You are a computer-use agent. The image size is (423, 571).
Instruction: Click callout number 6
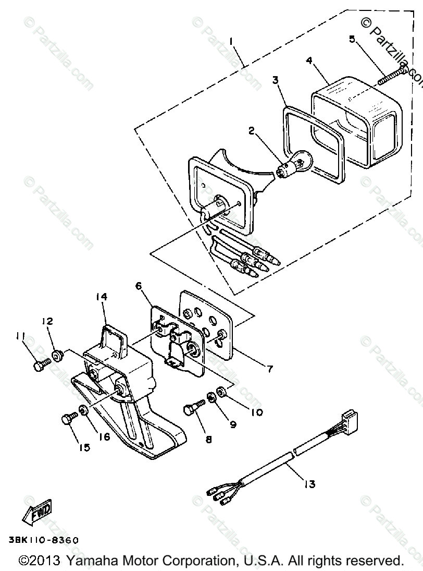pos(138,286)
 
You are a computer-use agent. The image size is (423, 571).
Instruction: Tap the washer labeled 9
pos(213,399)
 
